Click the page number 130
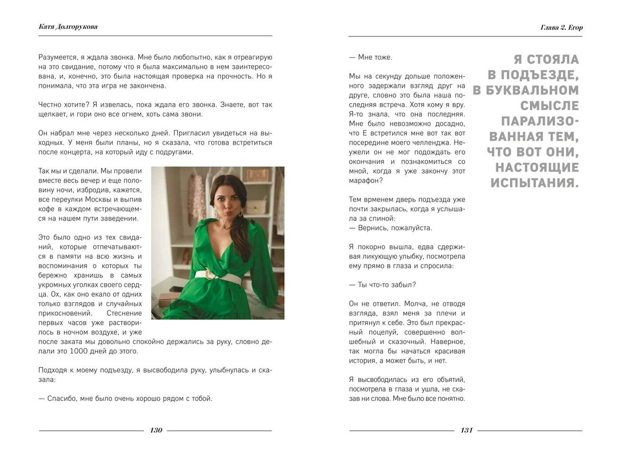click(x=156, y=430)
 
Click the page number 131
click(x=467, y=430)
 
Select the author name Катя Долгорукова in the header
click(x=68, y=27)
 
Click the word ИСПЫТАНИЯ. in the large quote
click(x=534, y=183)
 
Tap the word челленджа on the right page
click(x=435, y=143)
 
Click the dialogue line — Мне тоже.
click(x=371, y=57)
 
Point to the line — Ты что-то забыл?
click(x=383, y=285)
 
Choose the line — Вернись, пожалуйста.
click(x=391, y=228)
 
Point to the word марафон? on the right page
click(x=366, y=181)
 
